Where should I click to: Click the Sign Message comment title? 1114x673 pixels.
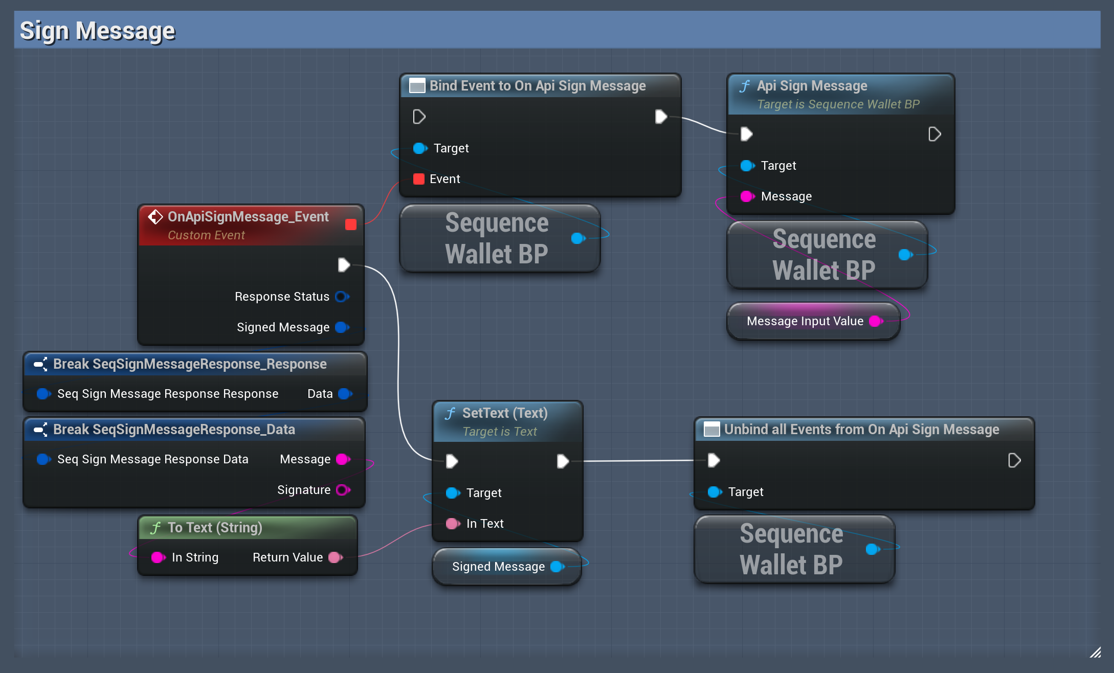[97, 31]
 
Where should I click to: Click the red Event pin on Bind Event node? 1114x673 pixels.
[419, 179]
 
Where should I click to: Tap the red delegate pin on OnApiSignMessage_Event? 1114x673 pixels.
[351, 225]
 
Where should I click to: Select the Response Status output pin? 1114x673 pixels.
[341, 297]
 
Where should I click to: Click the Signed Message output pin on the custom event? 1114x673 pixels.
[341, 327]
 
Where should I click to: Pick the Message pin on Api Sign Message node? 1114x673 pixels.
[747, 196]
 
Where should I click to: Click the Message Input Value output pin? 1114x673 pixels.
[875, 321]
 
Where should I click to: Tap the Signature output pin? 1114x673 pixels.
[342, 490]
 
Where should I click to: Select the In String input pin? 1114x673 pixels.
[158, 557]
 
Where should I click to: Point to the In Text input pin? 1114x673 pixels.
[452, 524]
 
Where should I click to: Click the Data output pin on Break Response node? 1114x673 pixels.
[344, 394]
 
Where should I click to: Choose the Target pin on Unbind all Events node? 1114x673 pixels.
[714, 492]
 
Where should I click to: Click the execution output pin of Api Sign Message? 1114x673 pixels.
[934, 134]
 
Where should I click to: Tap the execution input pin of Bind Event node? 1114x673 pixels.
[419, 117]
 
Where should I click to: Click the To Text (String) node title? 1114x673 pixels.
[215, 528]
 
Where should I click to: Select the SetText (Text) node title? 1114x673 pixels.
[504, 413]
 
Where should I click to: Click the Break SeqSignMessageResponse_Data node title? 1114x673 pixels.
[174, 430]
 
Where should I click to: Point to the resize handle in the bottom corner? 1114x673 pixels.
[1095, 652]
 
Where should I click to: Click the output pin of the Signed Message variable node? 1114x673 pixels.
[556, 567]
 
